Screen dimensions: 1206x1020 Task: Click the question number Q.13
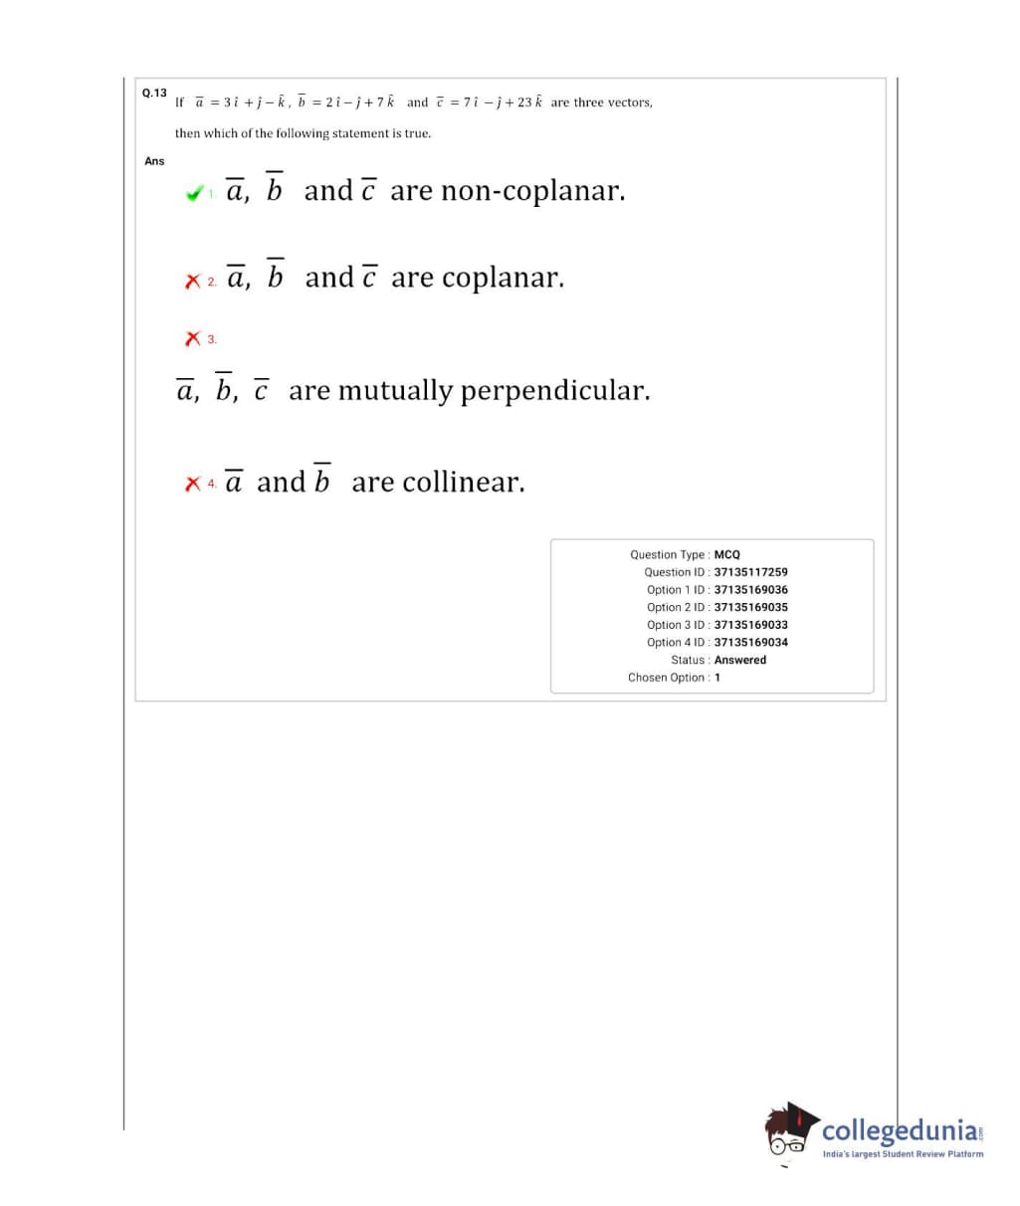[x=154, y=93]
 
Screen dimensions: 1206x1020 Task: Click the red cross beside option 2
[x=193, y=282]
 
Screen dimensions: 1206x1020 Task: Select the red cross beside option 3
[x=193, y=339]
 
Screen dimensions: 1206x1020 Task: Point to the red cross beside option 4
[x=193, y=485]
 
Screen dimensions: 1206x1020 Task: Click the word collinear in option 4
[x=463, y=484]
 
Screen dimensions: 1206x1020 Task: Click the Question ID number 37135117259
[x=750, y=572]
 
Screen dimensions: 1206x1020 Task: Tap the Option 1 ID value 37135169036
[x=750, y=590]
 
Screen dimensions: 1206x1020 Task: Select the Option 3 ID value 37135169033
[x=750, y=625]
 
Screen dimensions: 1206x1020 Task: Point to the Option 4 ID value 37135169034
[x=750, y=643]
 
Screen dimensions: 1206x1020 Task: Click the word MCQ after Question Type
[x=726, y=554]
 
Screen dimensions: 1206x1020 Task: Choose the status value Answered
[x=740, y=660]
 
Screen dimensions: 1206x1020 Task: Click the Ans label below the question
[x=154, y=161]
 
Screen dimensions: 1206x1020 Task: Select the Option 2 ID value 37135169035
[x=750, y=607]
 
